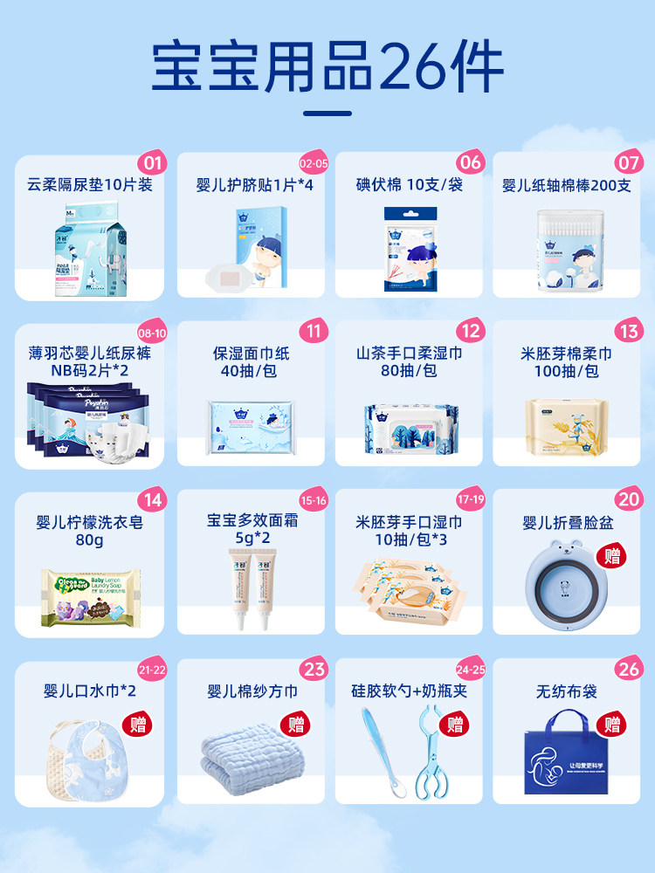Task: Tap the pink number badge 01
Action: point(152,163)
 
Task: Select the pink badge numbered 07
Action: point(628,163)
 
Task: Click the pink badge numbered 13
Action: point(628,332)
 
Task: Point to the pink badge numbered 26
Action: point(628,670)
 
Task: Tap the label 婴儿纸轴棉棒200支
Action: point(566,185)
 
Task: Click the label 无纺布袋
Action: point(566,691)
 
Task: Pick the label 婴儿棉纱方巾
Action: point(252,691)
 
